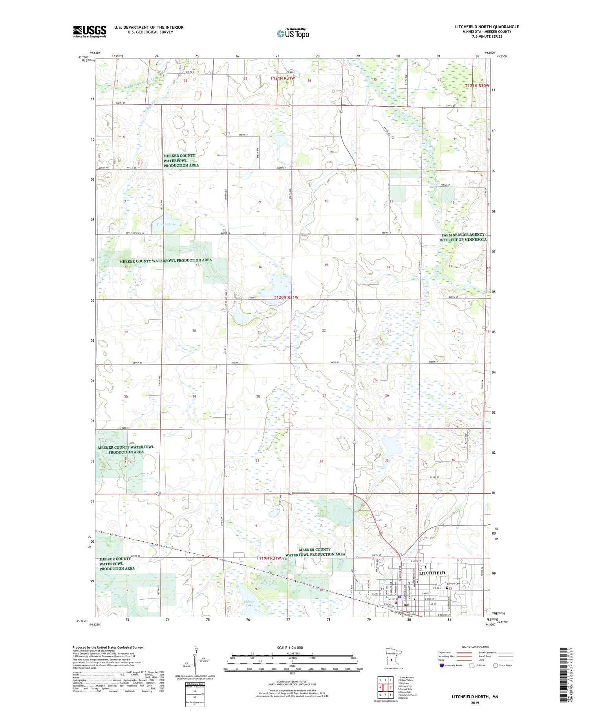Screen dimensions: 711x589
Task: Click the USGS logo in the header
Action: point(90,31)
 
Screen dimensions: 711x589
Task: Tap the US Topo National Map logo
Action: point(293,33)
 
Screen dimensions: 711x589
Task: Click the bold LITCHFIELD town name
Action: point(432,573)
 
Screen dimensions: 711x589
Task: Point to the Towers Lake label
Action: point(166,224)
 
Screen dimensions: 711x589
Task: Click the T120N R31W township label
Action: point(286,297)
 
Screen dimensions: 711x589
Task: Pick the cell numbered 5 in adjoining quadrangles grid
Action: point(390,687)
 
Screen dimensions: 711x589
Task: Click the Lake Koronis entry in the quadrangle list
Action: point(406,677)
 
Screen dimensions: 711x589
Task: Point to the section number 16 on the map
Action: point(260,267)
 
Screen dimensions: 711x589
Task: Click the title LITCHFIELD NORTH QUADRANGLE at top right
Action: point(487,27)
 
